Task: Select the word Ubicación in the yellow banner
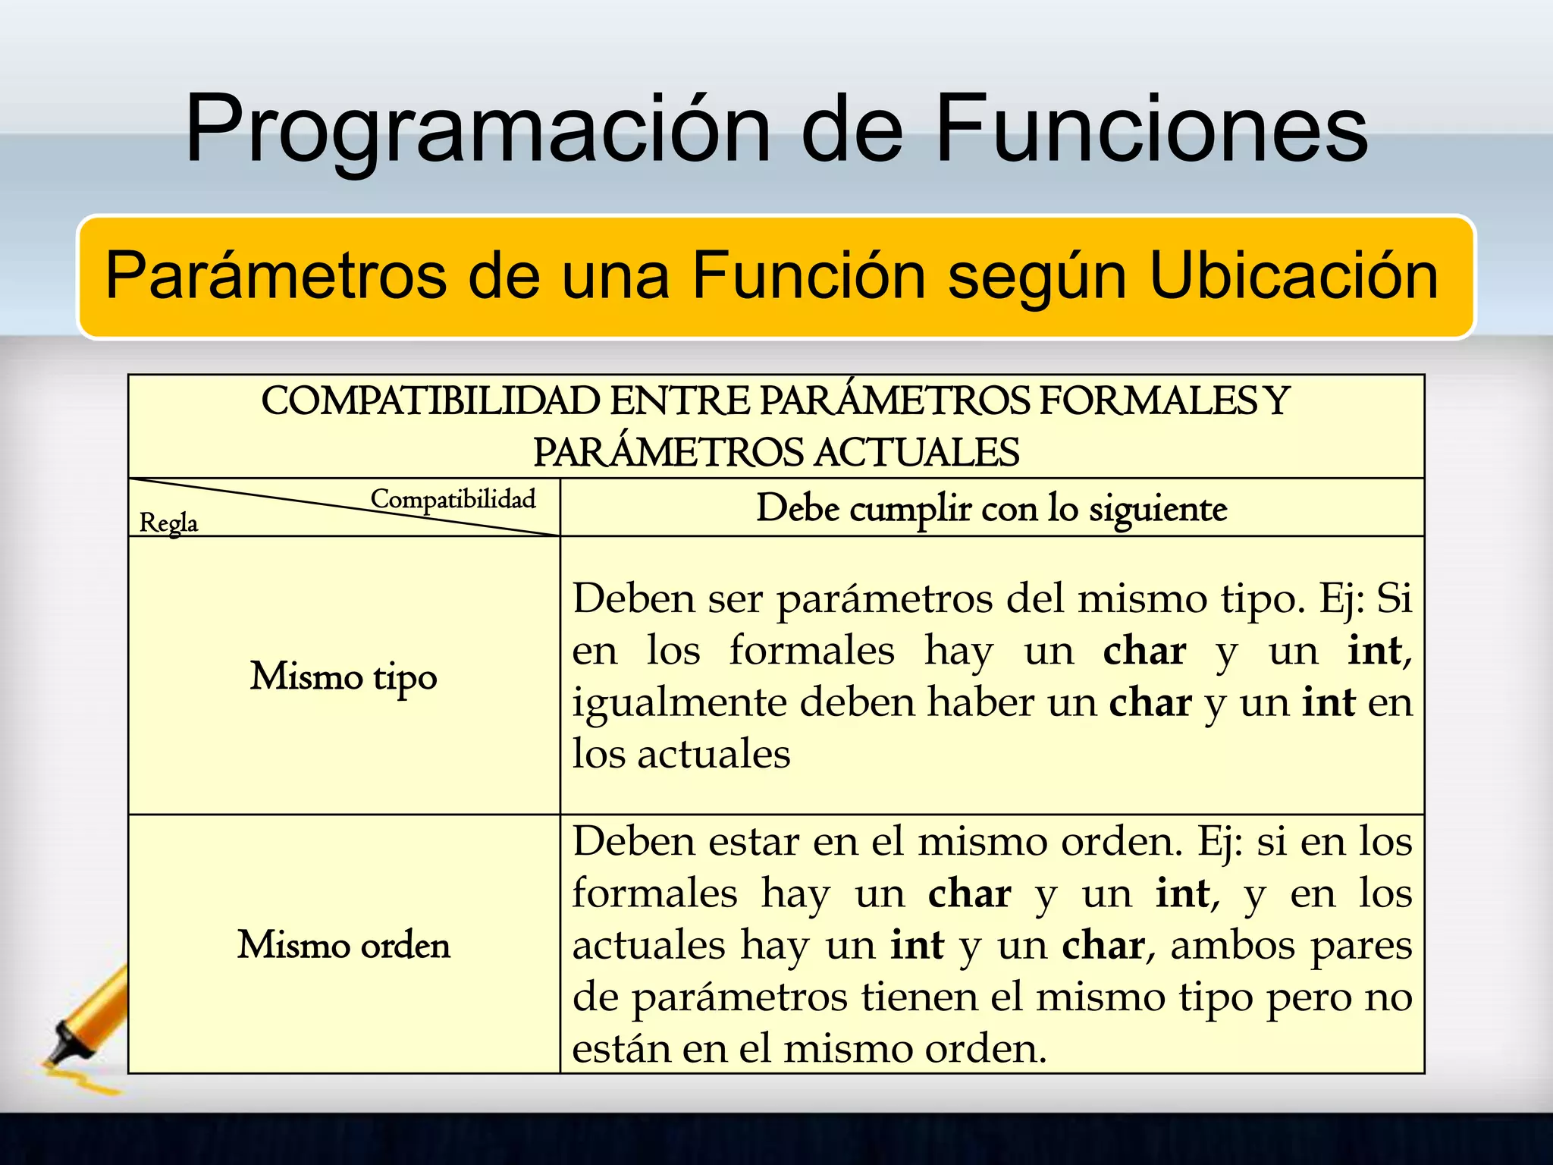coord(1294,276)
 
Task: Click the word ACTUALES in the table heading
coord(917,453)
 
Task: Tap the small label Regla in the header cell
coord(168,523)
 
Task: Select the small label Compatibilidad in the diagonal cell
coord(453,499)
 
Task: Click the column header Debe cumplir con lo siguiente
coord(991,508)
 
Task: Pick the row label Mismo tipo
coord(344,677)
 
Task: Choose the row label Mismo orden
coord(344,946)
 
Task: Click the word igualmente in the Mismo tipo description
coord(679,703)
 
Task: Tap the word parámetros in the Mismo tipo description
coord(884,600)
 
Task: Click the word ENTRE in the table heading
coord(679,401)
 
